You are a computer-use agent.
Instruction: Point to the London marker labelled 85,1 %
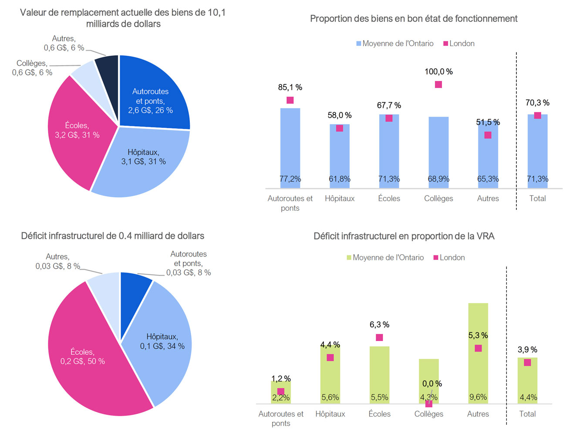click(290, 100)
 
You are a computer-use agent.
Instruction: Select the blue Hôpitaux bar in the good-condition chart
click(340, 157)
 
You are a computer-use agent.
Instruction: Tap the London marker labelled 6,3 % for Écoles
click(379, 337)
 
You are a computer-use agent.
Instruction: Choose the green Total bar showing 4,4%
click(527, 383)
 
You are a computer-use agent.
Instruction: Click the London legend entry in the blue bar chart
click(459, 44)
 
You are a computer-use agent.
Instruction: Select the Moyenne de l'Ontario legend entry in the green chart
click(385, 258)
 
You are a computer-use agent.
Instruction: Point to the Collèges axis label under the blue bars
click(438, 199)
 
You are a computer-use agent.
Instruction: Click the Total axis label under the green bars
click(527, 414)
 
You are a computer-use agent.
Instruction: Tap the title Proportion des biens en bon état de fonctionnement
click(414, 19)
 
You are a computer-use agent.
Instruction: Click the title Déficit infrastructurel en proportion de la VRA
click(404, 236)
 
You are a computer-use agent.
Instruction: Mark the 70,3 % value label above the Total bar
click(537, 103)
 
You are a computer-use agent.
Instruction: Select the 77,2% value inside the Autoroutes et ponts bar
click(290, 179)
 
